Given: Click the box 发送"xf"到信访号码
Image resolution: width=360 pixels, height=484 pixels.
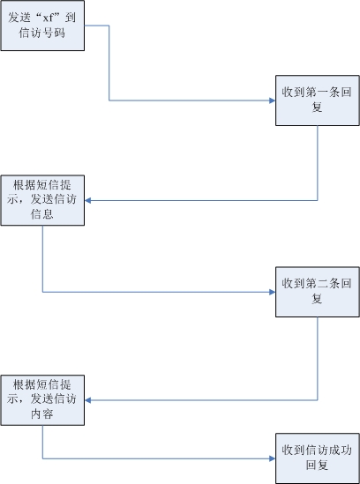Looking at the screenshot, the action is click(42, 26).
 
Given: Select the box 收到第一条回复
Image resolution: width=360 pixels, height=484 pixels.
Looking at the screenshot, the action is click(318, 101).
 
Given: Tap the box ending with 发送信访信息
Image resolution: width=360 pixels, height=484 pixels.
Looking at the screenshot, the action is click(42, 200).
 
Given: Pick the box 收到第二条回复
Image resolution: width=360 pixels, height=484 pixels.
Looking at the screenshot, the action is click(318, 292).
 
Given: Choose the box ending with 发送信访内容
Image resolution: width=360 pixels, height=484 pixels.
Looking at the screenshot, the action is click(42, 400).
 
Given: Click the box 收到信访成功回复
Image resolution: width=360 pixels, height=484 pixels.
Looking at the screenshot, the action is click(318, 458).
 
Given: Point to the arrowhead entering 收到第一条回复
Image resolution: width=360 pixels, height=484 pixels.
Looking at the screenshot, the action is click(273, 101).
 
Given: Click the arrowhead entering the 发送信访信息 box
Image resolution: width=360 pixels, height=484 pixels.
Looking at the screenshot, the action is click(87, 201).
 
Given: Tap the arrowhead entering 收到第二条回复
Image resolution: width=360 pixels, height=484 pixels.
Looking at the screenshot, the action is click(273, 292).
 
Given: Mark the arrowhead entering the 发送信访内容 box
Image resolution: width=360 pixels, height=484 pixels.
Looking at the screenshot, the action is click(87, 400).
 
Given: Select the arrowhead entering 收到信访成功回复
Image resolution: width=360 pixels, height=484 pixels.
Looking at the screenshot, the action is click(273, 458).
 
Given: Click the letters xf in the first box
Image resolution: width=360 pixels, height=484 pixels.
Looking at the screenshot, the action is click(49, 18).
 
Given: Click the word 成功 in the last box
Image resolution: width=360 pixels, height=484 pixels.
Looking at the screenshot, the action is click(341, 450).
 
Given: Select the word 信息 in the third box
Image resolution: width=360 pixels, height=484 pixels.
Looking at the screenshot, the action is click(42, 213).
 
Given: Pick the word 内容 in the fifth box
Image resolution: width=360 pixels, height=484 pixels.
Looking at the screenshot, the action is click(42, 413).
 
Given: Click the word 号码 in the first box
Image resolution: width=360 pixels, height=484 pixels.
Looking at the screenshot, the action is click(54, 33).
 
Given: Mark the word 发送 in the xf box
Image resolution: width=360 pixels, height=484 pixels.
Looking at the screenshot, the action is click(19, 18).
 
